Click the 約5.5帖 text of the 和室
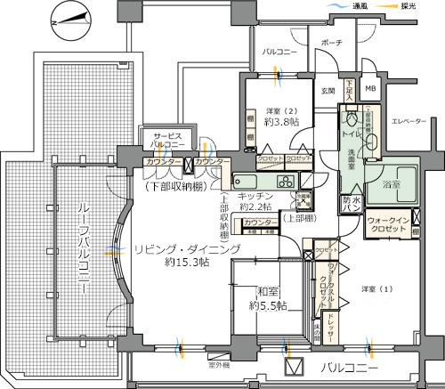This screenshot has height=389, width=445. (268, 305)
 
